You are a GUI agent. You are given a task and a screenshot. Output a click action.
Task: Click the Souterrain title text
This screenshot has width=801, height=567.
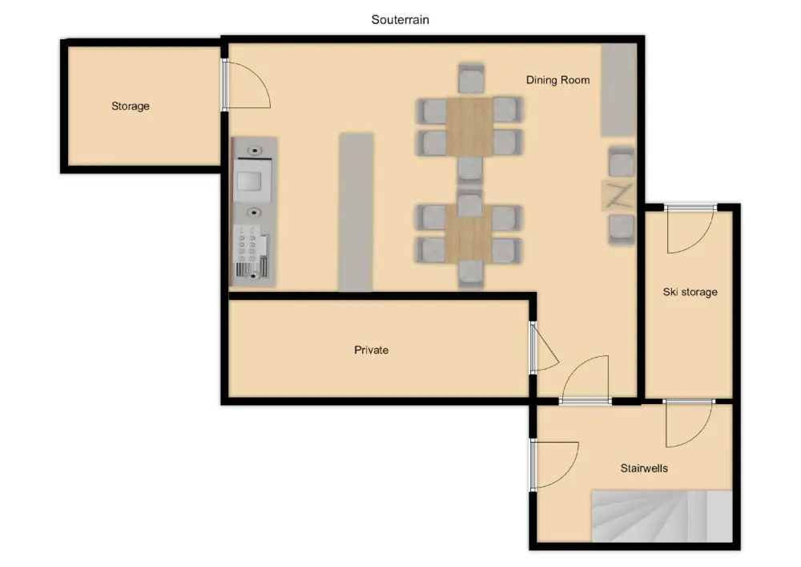400,20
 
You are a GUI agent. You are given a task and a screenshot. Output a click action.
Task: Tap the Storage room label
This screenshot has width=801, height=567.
131,106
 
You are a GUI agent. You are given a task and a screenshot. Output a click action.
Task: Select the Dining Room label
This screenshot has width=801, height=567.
557,79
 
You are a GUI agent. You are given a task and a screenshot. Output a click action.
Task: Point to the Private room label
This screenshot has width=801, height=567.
372,350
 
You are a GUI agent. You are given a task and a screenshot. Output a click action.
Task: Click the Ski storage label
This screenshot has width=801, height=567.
690,292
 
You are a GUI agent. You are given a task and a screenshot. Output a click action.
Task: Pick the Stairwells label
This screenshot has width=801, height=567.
644,468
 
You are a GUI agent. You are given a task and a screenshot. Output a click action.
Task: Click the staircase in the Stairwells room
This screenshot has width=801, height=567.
662,516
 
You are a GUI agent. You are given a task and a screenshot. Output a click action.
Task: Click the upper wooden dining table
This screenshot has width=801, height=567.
469,126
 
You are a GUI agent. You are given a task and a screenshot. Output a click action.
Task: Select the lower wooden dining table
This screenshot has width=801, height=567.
469,233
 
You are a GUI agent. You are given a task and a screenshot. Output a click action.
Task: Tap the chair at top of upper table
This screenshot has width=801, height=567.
471,79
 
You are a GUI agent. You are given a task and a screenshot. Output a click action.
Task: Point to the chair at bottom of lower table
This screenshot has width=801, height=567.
470,273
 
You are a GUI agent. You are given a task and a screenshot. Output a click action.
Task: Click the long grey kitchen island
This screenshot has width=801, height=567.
356,213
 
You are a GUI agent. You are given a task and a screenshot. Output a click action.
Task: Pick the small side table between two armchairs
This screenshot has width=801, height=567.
618,195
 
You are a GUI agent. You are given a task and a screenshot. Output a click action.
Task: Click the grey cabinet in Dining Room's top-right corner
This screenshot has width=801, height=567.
618,90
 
